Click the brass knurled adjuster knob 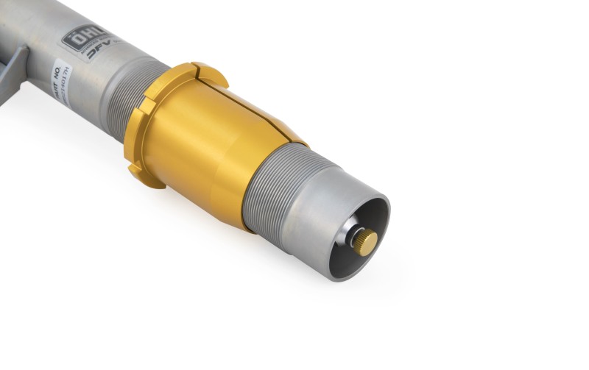[363, 239]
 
